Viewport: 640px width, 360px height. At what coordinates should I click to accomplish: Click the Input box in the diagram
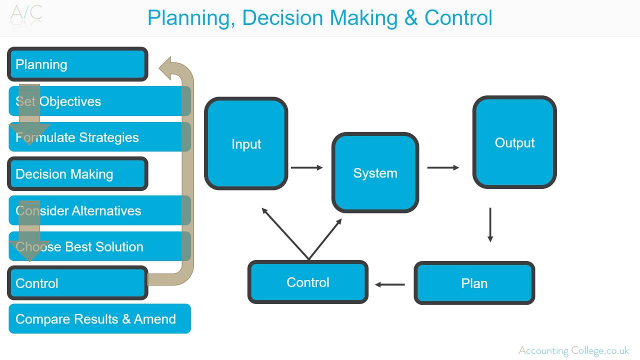[x=246, y=143]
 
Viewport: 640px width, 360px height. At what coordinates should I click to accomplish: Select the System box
[x=375, y=172]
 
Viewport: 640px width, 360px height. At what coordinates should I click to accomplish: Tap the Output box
[x=514, y=142]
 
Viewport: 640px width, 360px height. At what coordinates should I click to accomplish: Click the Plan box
[x=474, y=283]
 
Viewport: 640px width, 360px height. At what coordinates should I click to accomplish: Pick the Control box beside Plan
[x=307, y=282]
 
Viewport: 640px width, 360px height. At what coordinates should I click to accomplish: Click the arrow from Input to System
[x=307, y=167]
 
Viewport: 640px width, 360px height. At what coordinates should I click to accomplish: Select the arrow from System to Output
[x=443, y=167]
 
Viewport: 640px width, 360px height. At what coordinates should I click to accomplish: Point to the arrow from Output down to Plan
[x=490, y=225]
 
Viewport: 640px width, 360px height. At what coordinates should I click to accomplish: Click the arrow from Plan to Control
[x=389, y=284]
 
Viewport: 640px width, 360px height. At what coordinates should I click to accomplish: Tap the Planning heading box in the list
[x=77, y=64]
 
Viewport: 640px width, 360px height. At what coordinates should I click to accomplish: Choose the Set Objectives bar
[x=99, y=101]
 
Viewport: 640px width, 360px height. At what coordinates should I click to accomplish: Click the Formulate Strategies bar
[x=99, y=137]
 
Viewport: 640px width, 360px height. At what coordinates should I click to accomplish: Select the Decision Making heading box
[x=77, y=173]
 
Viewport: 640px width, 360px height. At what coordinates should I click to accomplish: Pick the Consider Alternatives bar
[x=99, y=210]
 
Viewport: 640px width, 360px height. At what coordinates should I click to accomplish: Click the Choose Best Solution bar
[x=99, y=246]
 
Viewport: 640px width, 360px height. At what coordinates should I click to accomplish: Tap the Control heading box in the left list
[x=77, y=283]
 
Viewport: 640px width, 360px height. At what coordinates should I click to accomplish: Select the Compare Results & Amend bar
[x=99, y=318]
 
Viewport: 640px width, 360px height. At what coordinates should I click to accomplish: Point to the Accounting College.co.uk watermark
[x=573, y=350]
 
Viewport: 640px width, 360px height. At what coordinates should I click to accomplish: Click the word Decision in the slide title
[x=282, y=18]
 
